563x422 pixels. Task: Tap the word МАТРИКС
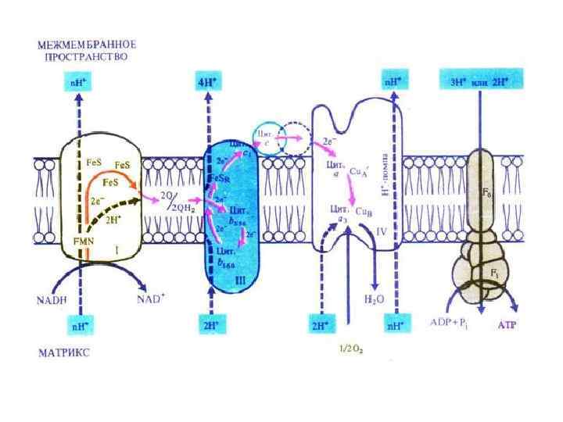point(63,352)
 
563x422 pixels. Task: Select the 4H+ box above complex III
point(208,81)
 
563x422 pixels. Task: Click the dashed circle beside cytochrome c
point(296,138)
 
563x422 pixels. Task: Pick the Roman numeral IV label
point(382,233)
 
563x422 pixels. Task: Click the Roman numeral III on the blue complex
point(240,278)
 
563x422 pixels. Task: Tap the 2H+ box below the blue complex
point(208,321)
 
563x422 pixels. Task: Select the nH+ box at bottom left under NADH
point(78,321)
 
